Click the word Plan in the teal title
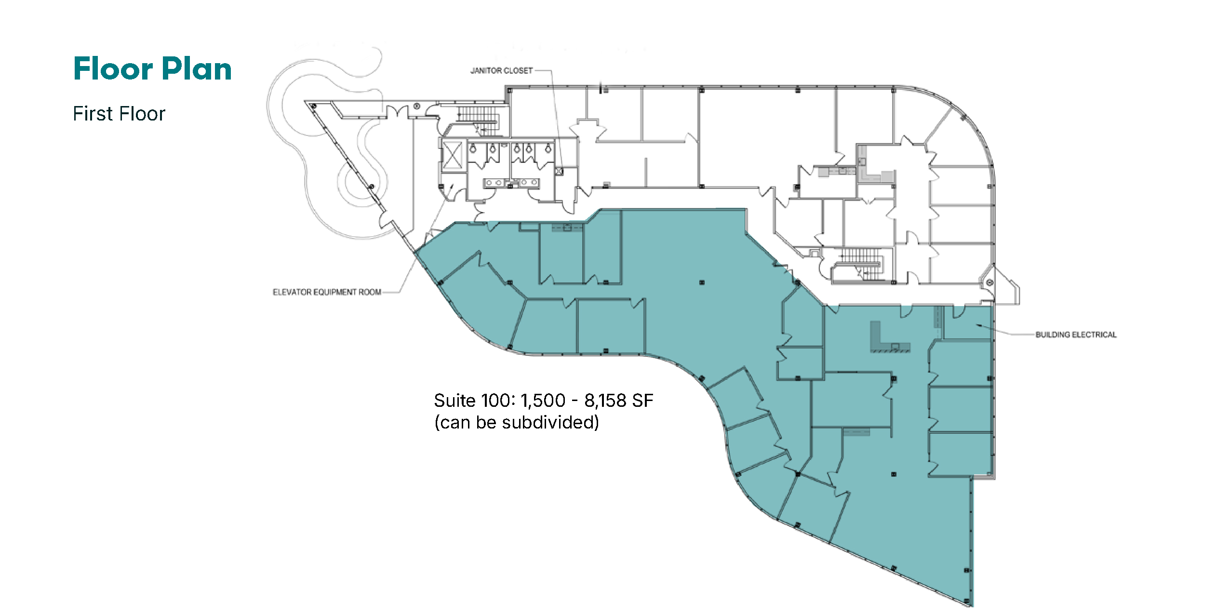197,68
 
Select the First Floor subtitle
119,114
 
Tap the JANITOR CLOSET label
502,71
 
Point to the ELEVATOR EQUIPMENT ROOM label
327,292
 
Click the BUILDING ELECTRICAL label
1076,335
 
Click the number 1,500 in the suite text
543,401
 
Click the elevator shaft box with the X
452,155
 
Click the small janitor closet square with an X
559,171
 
